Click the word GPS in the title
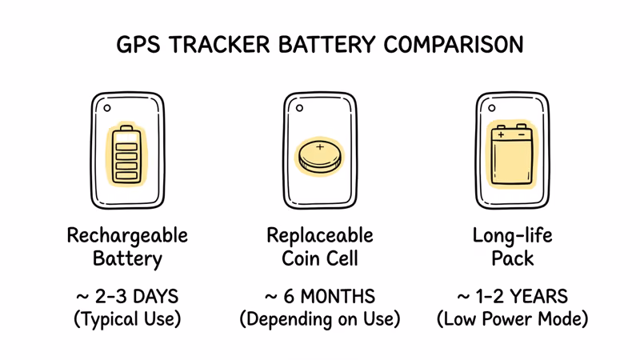[x=137, y=44]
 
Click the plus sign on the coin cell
[x=320, y=147]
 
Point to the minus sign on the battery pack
[x=522, y=135]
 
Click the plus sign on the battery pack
[x=502, y=135]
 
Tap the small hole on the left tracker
[x=107, y=108]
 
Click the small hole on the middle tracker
[x=300, y=108]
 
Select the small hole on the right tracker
[x=492, y=108]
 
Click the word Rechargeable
[x=127, y=236]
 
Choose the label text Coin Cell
[x=320, y=259]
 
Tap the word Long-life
[x=512, y=236]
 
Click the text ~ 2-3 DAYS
[x=127, y=297]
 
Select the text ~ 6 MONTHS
[x=320, y=297]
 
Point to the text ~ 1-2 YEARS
[x=512, y=297]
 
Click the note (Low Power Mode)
[x=512, y=319]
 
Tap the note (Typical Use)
[x=127, y=319]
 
